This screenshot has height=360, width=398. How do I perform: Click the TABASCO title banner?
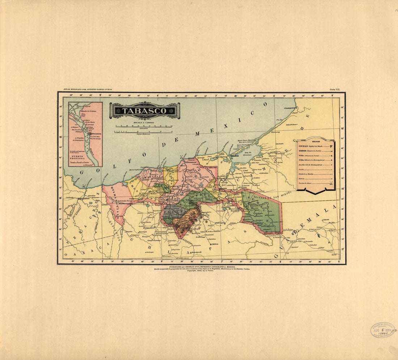click(144, 111)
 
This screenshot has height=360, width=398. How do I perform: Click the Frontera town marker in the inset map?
click(91, 133)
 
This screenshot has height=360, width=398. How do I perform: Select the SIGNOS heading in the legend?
click(315, 143)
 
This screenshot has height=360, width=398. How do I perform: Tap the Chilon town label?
click(215, 244)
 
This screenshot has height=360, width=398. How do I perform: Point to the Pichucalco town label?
click(148, 228)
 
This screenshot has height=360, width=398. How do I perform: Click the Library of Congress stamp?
click(383, 330)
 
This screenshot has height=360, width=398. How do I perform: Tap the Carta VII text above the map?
click(335, 89)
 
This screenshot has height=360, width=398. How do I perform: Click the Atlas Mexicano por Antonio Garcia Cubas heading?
click(88, 89)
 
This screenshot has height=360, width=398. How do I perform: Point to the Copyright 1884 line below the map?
click(199, 271)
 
